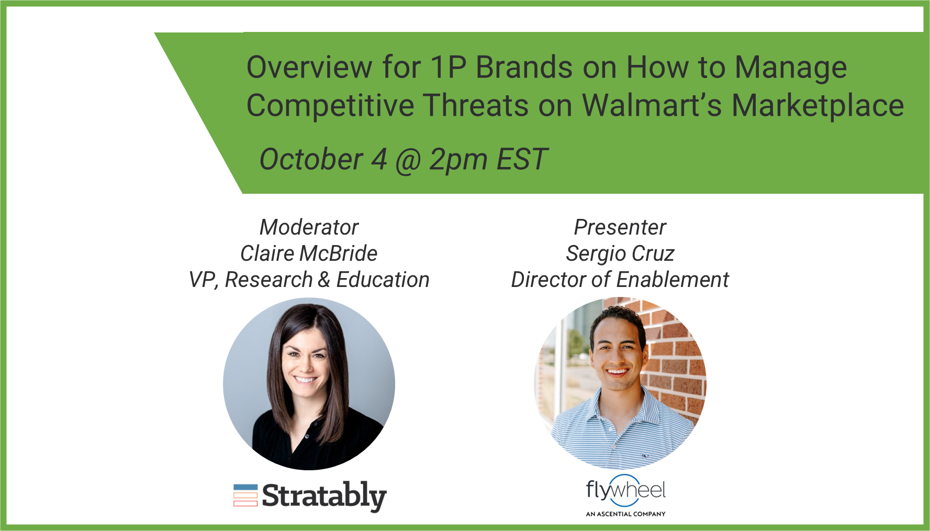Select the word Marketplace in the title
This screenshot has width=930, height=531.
[x=818, y=106]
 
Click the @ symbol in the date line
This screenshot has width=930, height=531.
[x=408, y=160]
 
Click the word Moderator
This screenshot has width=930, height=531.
[x=309, y=227]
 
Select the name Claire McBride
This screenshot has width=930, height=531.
[x=309, y=253]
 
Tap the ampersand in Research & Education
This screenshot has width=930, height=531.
[x=324, y=280]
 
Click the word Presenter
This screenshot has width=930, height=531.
[x=620, y=227]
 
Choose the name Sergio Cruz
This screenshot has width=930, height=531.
[x=620, y=254]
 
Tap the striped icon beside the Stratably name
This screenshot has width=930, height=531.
[x=245, y=495]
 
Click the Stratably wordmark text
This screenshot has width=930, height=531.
[x=324, y=496]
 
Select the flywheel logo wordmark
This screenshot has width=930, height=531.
[x=626, y=490]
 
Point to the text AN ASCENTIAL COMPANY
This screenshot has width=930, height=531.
[x=626, y=514]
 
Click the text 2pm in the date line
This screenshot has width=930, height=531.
[x=458, y=160]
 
